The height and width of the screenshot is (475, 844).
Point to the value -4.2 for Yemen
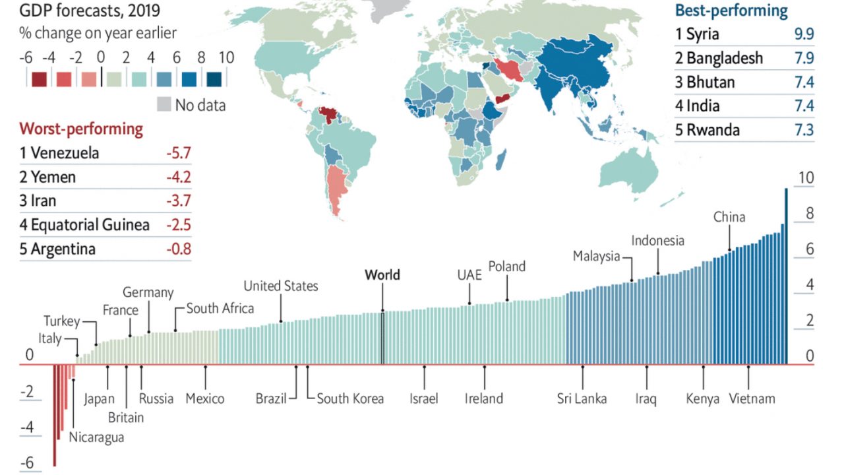178,177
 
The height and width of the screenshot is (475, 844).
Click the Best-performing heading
731,11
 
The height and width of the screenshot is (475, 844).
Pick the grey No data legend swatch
164,104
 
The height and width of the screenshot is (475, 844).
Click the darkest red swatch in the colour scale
39,79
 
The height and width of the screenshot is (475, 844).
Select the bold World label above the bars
382,274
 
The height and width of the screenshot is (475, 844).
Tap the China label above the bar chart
729,217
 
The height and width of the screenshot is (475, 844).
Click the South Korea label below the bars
350,398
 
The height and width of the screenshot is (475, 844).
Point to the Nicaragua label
96,437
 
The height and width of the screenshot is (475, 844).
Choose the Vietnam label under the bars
752,398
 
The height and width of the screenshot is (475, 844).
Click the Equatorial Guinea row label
84,225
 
